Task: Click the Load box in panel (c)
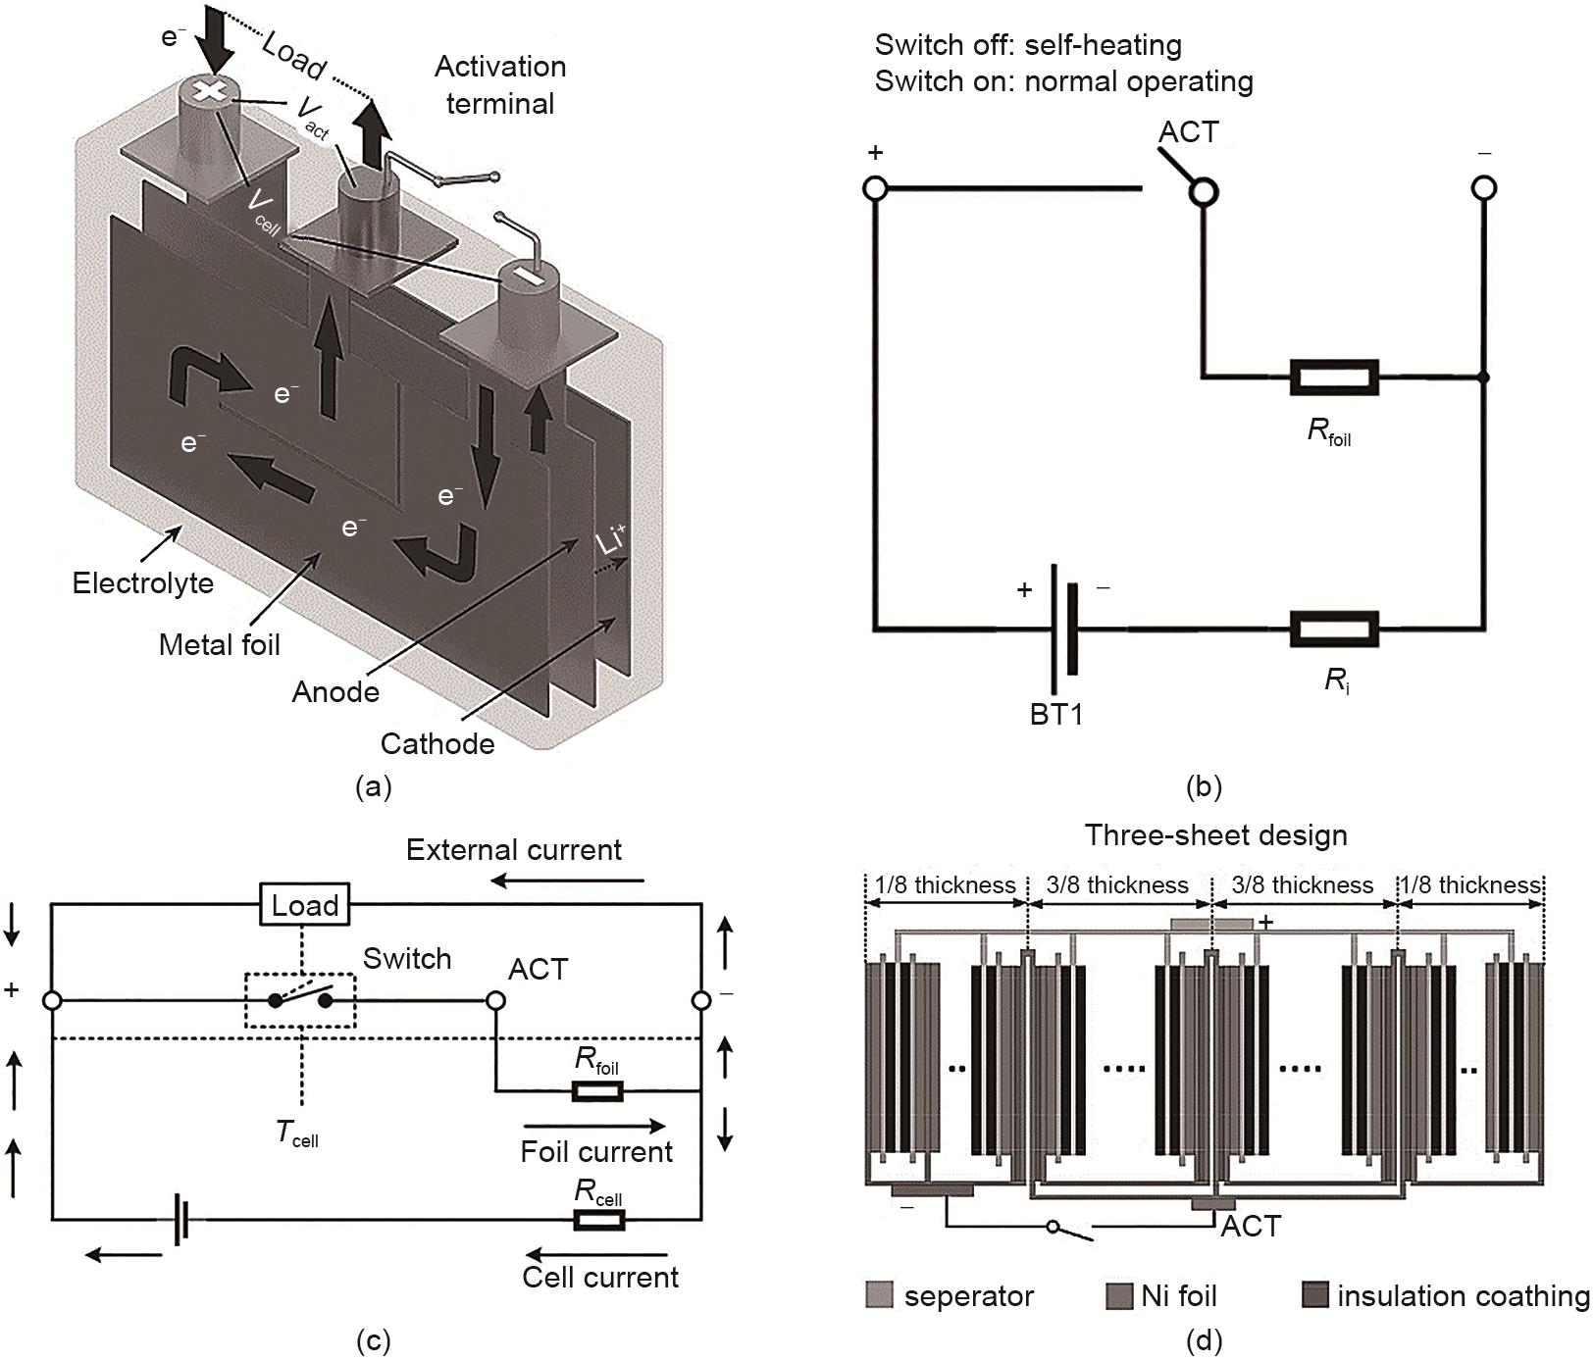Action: (x=304, y=904)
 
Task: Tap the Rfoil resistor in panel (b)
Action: (x=1334, y=378)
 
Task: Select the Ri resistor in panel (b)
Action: (x=1334, y=629)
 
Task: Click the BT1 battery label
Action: (x=1056, y=714)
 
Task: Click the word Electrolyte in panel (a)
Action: (x=142, y=583)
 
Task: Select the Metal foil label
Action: (x=220, y=644)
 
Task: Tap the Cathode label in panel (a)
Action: (x=437, y=743)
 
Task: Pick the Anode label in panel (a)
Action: (x=335, y=691)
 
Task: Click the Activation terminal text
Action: (x=500, y=85)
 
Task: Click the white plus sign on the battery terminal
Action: (x=208, y=91)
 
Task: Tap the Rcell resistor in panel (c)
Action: (x=597, y=1220)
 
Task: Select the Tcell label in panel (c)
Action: (x=296, y=1134)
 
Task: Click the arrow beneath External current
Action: (x=568, y=881)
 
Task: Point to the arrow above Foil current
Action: (x=594, y=1127)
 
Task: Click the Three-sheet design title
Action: (x=1215, y=835)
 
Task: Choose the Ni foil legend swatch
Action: (x=1119, y=1295)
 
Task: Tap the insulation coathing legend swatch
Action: (x=1314, y=1295)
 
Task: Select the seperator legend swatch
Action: (x=880, y=1295)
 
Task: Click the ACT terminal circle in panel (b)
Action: (x=1204, y=189)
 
